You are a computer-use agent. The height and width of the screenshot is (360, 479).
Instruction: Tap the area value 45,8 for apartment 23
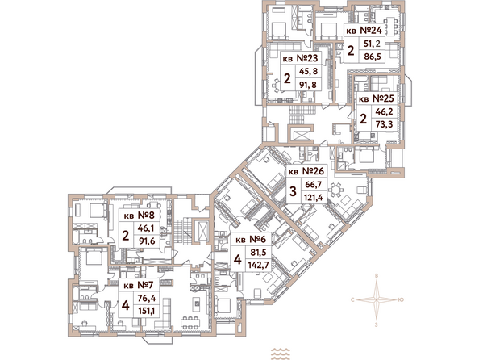point(309,71)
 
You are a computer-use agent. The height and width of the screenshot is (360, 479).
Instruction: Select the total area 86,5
point(372,57)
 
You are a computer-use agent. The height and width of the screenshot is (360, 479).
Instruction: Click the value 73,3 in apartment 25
point(384,124)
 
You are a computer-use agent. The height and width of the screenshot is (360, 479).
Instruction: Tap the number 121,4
point(314,197)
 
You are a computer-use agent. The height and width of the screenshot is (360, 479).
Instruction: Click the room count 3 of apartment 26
point(293,191)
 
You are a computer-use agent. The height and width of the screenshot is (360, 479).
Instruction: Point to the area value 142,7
point(258,265)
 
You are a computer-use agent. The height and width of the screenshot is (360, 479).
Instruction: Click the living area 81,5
point(258,253)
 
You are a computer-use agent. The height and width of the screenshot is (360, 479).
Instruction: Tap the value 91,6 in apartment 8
point(147,241)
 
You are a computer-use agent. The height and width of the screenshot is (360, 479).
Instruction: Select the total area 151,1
point(146,311)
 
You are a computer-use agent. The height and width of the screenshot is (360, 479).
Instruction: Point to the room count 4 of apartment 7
point(125,305)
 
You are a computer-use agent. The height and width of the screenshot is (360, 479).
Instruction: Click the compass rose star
point(377,300)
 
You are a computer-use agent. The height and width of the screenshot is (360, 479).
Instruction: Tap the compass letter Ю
point(401,300)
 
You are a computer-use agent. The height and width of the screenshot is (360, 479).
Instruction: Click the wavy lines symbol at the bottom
point(281,354)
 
